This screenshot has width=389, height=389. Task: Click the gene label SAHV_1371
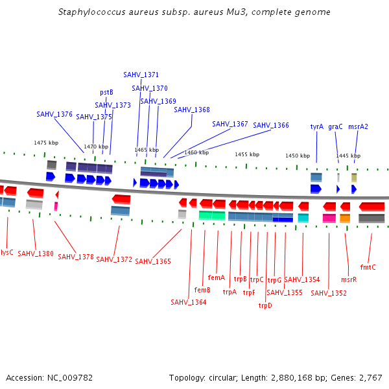(x=141, y=75)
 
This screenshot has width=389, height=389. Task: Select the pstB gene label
(x=106, y=92)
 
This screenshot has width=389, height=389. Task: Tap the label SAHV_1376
(x=54, y=114)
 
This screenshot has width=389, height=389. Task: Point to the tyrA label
(x=316, y=126)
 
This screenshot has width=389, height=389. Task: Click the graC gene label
(x=335, y=126)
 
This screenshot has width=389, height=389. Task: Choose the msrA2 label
(x=358, y=126)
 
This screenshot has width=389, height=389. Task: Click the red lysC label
(x=7, y=252)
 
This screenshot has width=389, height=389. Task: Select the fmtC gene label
(x=368, y=266)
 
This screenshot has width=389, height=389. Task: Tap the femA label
(x=216, y=277)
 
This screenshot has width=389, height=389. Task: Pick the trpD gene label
(x=265, y=305)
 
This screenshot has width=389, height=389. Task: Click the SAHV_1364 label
(x=189, y=301)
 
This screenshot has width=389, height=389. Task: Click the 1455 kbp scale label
(x=246, y=154)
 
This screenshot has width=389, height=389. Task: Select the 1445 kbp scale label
(x=348, y=156)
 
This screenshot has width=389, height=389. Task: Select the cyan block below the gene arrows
(x=303, y=218)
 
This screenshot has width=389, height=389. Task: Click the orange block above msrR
(x=345, y=218)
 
